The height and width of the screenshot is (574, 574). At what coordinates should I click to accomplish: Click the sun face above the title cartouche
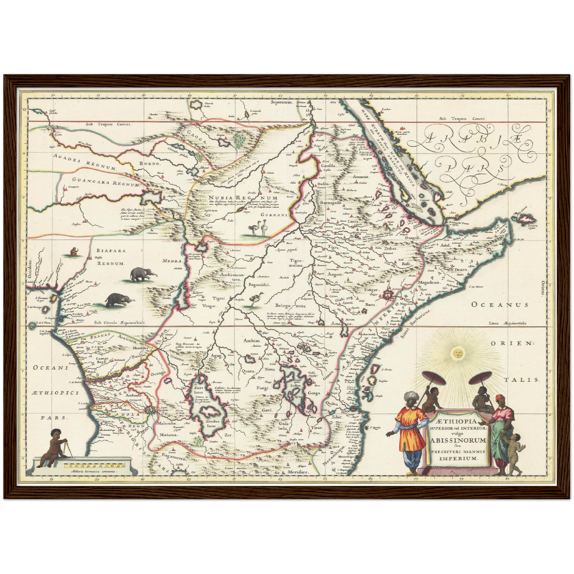point(456,352)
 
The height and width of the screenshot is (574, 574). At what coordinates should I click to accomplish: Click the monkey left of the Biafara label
point(74,251)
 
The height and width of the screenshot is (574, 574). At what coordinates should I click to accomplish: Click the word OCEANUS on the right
point(500,305)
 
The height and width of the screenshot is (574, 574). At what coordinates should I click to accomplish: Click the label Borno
point(149,163)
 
